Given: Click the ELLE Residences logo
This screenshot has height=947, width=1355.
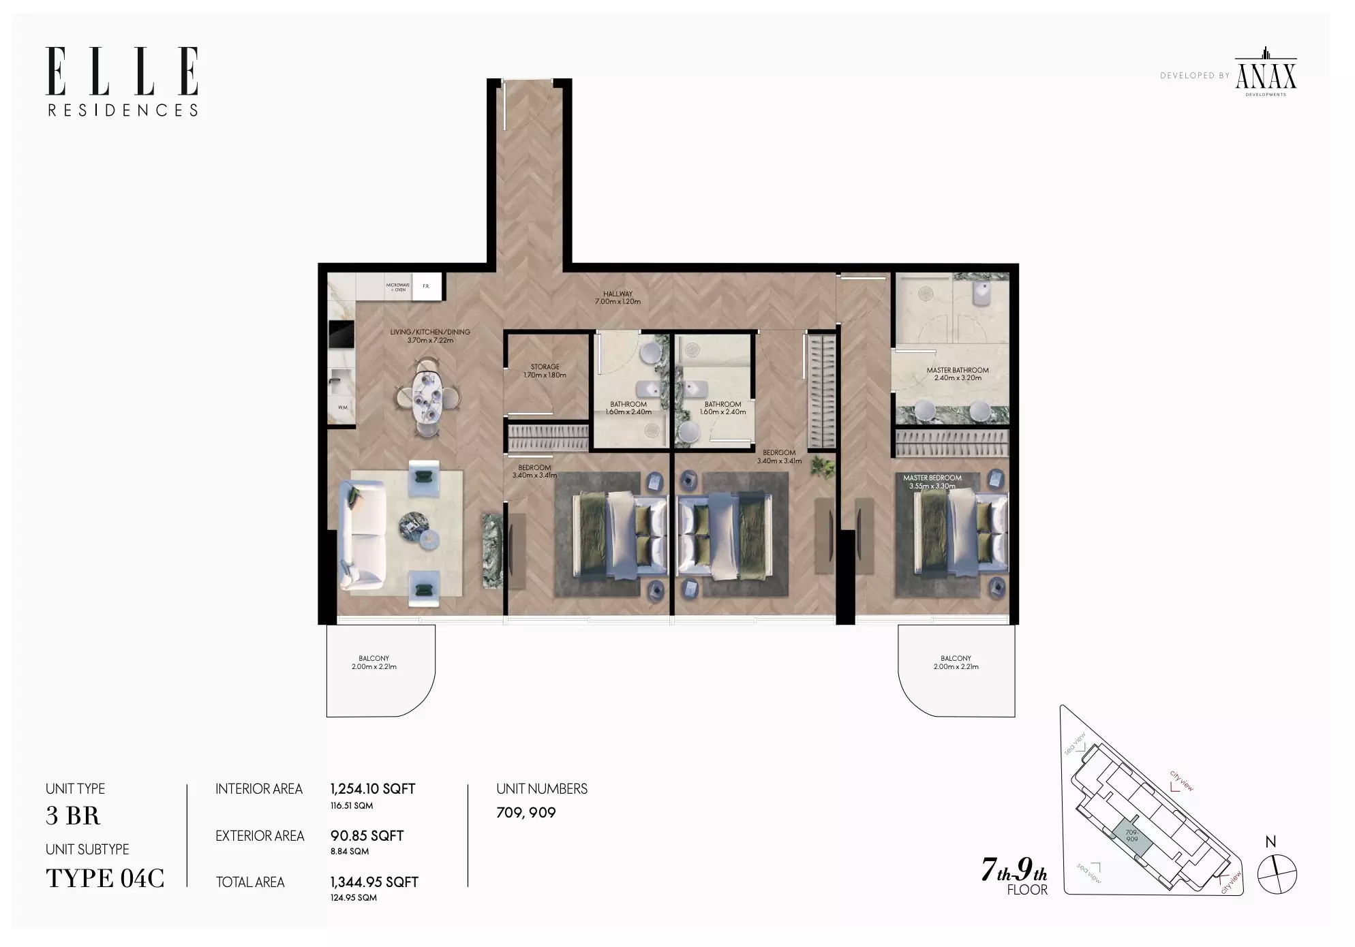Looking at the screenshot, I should tap(123, 81).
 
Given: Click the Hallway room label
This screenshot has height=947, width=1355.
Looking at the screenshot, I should tap(618, 298).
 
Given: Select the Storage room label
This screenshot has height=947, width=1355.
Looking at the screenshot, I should tap(545, 371).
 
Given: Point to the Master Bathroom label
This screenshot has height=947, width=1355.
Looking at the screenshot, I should tap(957, 374).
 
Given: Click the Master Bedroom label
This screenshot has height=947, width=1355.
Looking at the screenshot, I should tap(932, 482).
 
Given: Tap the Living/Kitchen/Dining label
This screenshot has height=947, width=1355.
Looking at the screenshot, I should tap(430, 336).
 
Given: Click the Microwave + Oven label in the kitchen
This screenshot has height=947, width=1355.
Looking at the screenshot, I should tap(398, 287).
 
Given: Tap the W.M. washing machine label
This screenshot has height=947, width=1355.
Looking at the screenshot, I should tap(343, 407).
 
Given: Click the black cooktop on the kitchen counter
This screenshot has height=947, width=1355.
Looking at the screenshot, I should tap(341, 335).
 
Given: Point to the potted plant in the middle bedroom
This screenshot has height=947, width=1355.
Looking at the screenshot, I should tap(825, 467).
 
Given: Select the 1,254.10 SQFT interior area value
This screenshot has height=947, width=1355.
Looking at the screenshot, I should tap(372, 789).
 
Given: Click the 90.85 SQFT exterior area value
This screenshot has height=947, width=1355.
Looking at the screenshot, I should tap(367, 836).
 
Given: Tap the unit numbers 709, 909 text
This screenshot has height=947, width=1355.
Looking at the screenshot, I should tap(526, 813).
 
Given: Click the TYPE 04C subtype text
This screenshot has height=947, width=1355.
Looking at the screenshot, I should tap(105, 878).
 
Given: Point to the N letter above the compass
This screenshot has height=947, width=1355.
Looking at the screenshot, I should tap(1270, 842).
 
